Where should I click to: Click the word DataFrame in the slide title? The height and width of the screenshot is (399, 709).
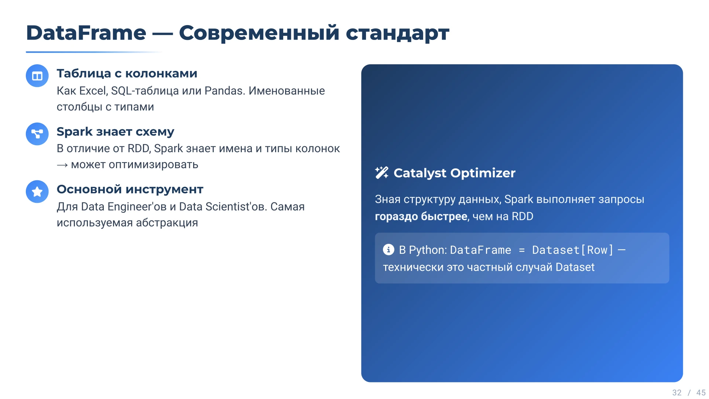pos(86,33)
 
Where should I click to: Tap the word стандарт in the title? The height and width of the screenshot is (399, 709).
pos(397,33)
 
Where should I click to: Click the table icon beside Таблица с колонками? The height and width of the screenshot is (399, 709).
pos(37,76)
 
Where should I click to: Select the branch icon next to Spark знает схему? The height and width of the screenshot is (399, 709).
pos(37,134)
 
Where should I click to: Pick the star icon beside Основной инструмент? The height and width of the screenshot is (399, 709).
pos(37,191)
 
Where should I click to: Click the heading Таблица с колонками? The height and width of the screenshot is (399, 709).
pos(127,73)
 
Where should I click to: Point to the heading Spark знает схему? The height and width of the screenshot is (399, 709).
pos(115,131)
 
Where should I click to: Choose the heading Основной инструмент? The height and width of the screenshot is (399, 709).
pos(130,189)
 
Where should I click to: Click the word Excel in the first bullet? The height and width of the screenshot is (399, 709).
pos(93,91)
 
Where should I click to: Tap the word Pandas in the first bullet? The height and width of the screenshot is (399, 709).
pos(225,91)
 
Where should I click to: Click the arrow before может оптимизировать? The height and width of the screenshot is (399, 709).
pos(62,165)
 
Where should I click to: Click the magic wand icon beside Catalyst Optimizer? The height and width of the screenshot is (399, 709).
pos(382,173)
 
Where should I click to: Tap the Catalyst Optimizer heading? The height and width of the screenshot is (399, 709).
pos(454,173)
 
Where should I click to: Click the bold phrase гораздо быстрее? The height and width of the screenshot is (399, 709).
pos(421,216)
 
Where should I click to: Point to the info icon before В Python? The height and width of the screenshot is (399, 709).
pos(388,250)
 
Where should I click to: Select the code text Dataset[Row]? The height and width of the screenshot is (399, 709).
pos(573,250)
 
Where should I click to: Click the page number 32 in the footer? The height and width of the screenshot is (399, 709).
pos(677,393)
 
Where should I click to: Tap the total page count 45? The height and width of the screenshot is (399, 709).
pos(701,393)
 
